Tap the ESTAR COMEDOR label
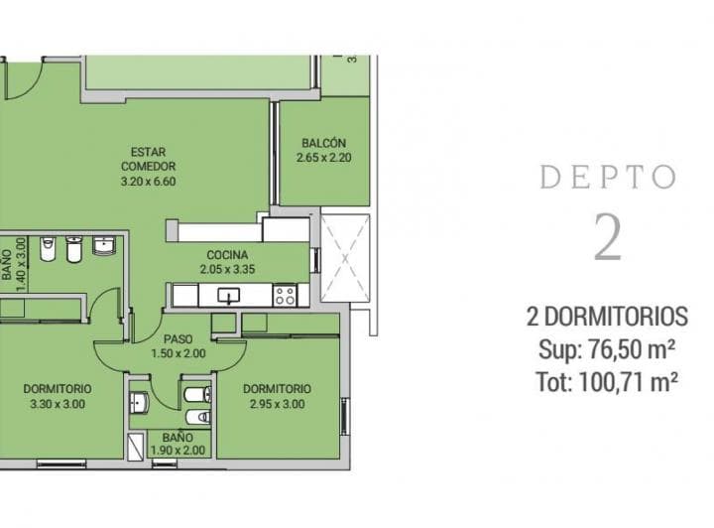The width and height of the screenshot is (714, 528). pyautogui.click(x=148, y=160)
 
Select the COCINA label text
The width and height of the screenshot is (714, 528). pyautogui.click(x=226, y=255)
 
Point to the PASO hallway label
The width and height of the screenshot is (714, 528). pyautogui.click(x=178, y=338)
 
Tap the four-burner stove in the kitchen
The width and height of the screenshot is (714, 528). pyautogui.click(x=285, y=295)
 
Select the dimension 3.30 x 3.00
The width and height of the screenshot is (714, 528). pyautogui.click(x=58, y=404)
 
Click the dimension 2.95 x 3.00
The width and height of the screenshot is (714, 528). pyautogui.click(x=277, y=404)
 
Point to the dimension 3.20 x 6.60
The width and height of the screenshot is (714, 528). pyautogui.click(x=148, y=182)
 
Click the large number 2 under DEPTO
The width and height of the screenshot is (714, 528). pyautogui.click(x=608, y=236)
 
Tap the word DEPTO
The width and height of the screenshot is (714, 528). pyautogui.click(x=608, y=178)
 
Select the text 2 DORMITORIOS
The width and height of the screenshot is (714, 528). pyautogui.click(x=607, y=318)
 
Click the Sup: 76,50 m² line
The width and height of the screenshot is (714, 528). pyautogui.click(x=607, y=349)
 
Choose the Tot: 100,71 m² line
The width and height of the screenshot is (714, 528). pyautogui.click(x=607, y=381)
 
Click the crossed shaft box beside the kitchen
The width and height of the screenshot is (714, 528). pyautogui.click(x=345, y=258)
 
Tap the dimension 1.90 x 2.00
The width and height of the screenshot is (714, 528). pyautogui.click(x=178, y=451)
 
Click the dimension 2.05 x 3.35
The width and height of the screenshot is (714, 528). pyautogui.click(x=226, y=269)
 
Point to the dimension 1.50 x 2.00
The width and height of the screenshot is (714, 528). pyautogui.click(x=178, y=353)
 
